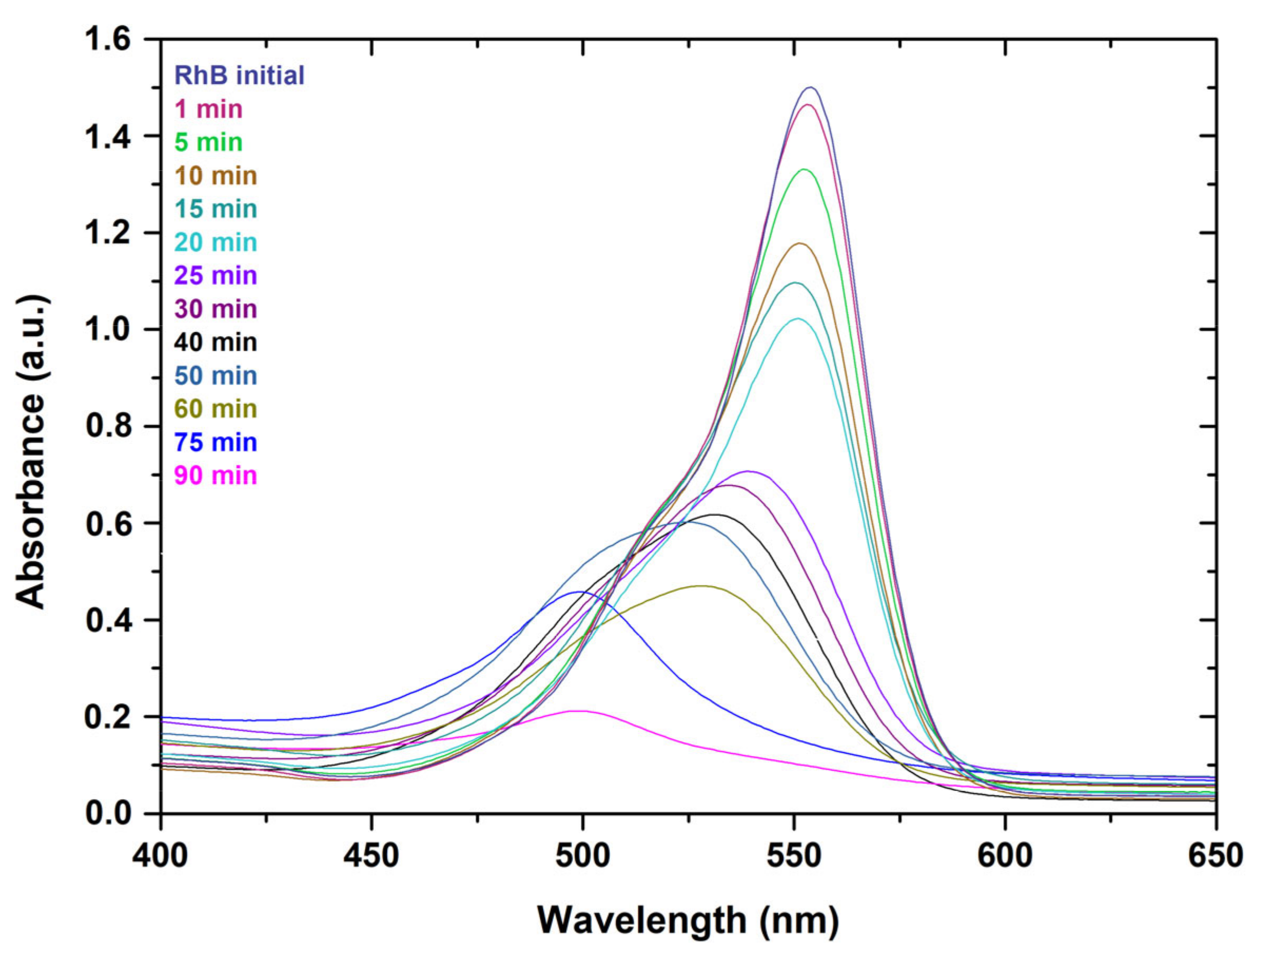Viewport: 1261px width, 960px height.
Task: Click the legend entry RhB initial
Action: click(239, 75)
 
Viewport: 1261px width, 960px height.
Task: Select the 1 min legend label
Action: click(208, 109)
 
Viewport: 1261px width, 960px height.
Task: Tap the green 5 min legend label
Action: click(208, 142)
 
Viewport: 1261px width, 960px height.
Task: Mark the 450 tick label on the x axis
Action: click(371, 857)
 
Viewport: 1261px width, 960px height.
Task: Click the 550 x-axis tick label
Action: click(794, 857)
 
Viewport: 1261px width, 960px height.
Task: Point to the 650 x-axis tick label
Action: click(1215, 857)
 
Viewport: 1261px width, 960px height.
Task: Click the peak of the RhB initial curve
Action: click(810, 88)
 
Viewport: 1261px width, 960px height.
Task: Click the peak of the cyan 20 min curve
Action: click(798, 319)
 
